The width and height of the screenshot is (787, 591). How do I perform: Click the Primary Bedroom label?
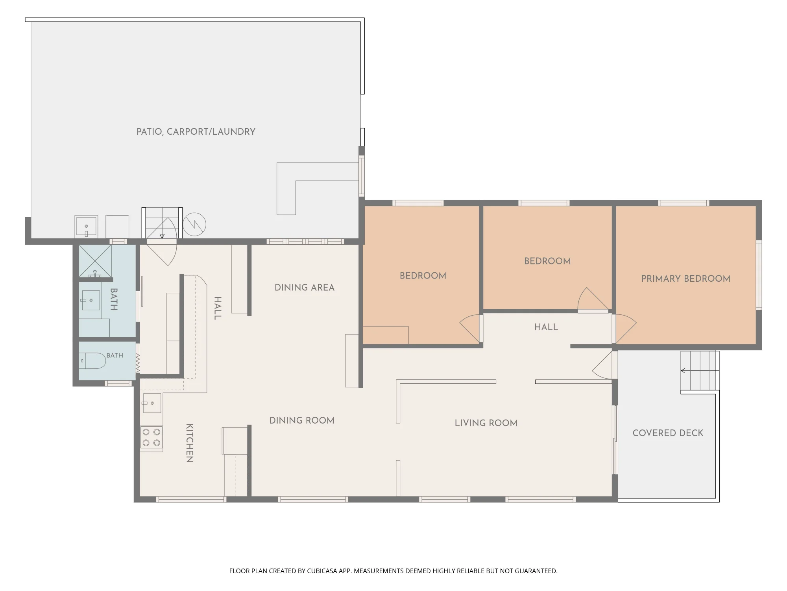(x=685, y=279)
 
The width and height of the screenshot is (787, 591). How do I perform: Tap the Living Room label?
(x=486, y=423)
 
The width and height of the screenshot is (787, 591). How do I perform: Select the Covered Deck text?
(x=668, y=433)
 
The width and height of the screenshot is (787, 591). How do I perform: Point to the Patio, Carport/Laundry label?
(x=196, y=132)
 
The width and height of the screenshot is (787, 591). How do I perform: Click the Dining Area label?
(x=305, y=288)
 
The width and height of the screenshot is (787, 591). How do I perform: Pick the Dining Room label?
(x=302, y=420)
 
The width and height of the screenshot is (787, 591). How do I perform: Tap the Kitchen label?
(x=189, y=443)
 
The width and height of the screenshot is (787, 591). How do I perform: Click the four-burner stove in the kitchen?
(x=151, y=437)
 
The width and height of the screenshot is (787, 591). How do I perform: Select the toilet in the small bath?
(x=92, y=361)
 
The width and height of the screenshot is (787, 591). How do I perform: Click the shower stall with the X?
(x=95, y=261)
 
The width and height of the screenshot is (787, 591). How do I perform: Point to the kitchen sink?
(x=152, y=403)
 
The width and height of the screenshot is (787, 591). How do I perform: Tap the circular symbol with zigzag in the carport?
(x=194, y=224)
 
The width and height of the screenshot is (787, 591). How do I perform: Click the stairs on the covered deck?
(x=700, y=371)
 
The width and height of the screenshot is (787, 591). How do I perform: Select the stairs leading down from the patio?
(x=162, y=223)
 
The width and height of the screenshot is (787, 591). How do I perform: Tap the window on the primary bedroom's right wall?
(x=759, y=275)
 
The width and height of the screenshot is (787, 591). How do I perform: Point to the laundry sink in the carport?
(x=86, y=227)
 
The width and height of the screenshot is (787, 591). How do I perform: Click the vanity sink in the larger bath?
(x=91, y=300)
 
